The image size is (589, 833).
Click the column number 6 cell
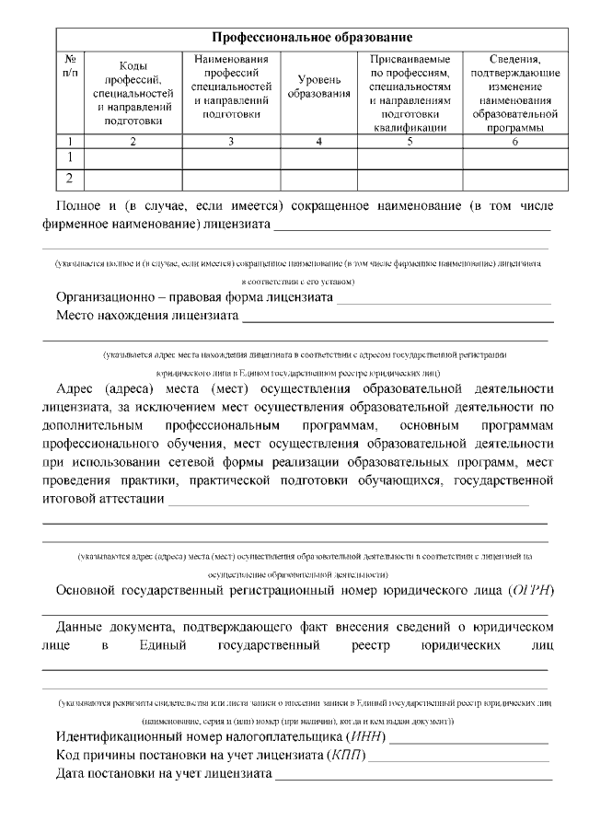[x=514, y=141]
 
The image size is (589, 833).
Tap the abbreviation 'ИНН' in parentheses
[x=365, y=738]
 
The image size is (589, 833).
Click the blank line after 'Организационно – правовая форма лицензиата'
[x=444, y=301]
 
